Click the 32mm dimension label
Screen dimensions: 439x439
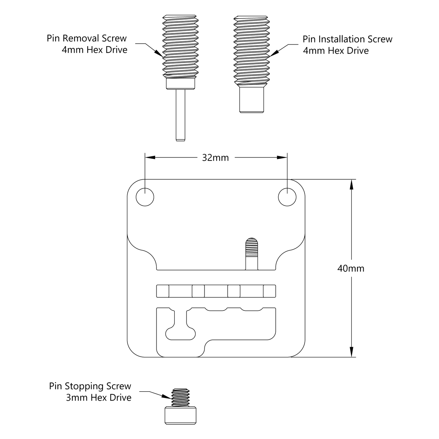click(x=215, y=158)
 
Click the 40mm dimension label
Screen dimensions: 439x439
click(x=351, y=269)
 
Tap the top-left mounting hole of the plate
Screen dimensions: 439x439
click(x=145, y=197)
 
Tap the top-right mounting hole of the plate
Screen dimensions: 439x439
click(x=287, y=197)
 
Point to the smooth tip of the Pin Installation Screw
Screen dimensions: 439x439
click(x=252, y=100)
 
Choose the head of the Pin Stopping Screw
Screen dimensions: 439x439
click(x=180, y=416)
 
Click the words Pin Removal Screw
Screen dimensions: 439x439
click(x=87, y=39)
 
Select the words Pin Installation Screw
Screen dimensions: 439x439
click(x=348, y=39)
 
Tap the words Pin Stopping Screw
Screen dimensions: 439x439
click(x=90, y=386)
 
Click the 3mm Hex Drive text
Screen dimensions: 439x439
click(x=98, y=398)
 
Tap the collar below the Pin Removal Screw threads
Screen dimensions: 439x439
click(x=180, y=84)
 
